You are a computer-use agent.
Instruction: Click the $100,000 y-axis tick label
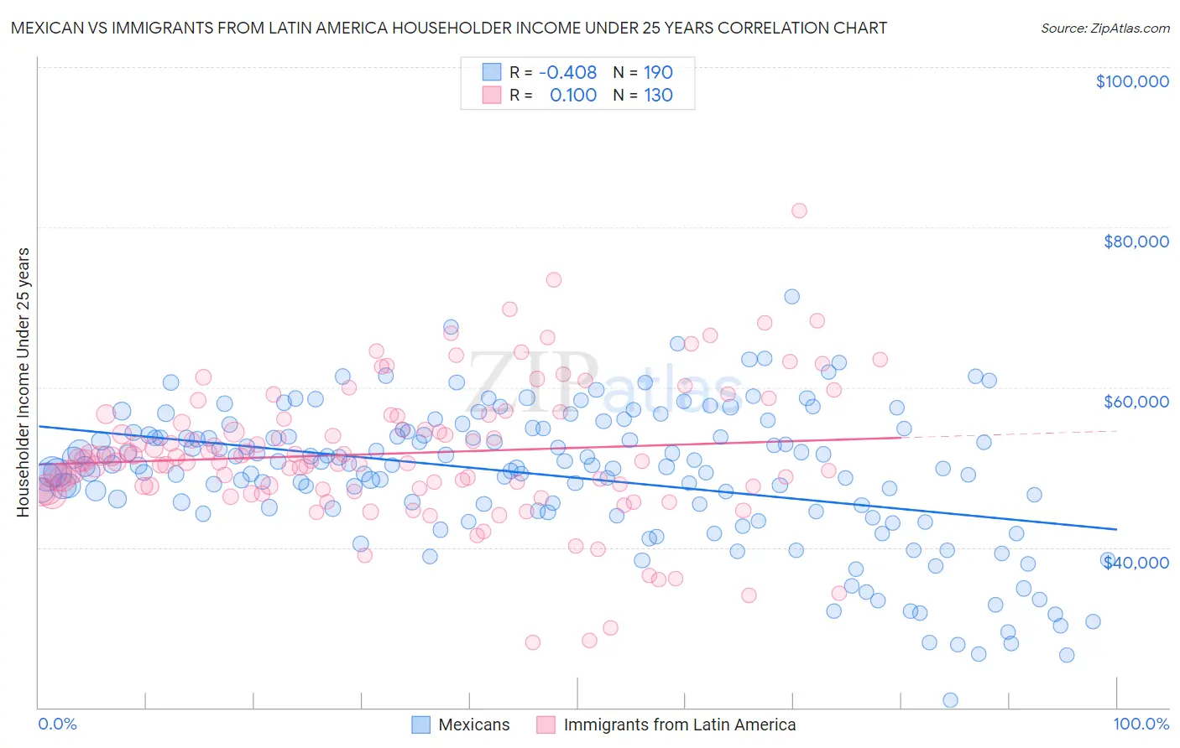(1132, 81)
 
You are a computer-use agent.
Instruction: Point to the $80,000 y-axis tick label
(1136, 242)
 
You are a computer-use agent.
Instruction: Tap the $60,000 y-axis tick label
(1136, 402)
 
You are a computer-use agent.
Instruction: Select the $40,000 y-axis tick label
(1136, 562)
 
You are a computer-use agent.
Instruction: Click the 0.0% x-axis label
(57, 725)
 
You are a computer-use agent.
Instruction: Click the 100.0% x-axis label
(1141, 725)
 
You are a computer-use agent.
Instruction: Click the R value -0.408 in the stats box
(567, 72)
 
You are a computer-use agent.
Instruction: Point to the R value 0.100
(572, 95)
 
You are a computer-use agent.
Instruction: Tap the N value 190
(658, 72)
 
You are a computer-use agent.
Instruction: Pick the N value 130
(658, 95)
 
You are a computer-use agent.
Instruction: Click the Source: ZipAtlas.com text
(1104, 28)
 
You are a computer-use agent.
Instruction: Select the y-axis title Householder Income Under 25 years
(23, 382)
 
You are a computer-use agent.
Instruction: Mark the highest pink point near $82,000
(799, 210)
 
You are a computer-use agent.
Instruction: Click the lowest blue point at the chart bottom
(950, 700)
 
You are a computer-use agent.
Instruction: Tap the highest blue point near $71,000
(791, 297)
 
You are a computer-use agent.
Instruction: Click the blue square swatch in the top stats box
(491, 72)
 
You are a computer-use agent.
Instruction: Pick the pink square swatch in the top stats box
(491, 95)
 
